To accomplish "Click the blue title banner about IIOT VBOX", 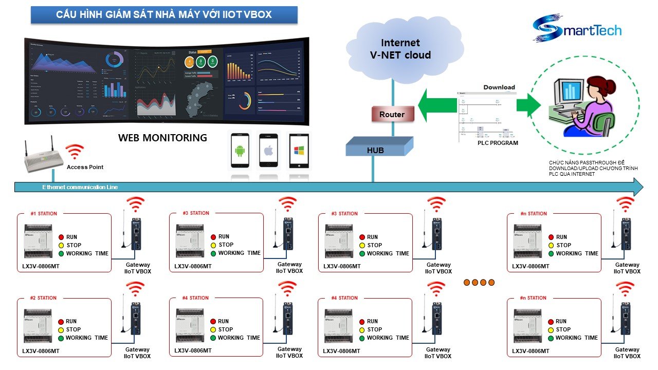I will click(163, 15).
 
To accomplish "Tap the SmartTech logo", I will click(577, 29).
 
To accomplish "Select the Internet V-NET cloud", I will click(400, 49).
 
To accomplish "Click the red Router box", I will click(392, 114).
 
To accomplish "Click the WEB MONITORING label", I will click(162, 138).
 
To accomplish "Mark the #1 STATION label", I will click(44, 214).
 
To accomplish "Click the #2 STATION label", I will click(43, 298).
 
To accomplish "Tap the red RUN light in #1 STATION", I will click(61, 237).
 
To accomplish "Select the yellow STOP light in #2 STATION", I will click(61, 329).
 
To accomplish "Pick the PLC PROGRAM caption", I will click(498, 143).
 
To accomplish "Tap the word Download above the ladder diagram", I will click(499, 87).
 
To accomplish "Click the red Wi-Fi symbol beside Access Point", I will click(75, 152).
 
